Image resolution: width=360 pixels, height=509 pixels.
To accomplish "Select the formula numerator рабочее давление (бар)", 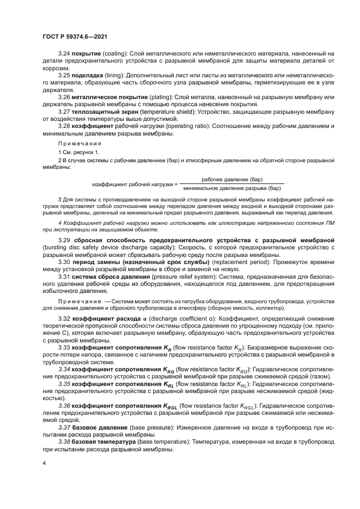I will pos(232,179).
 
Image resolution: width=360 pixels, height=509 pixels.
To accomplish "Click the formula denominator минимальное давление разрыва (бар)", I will pos(232,188).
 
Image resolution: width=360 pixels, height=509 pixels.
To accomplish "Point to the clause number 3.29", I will pos(65,240).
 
